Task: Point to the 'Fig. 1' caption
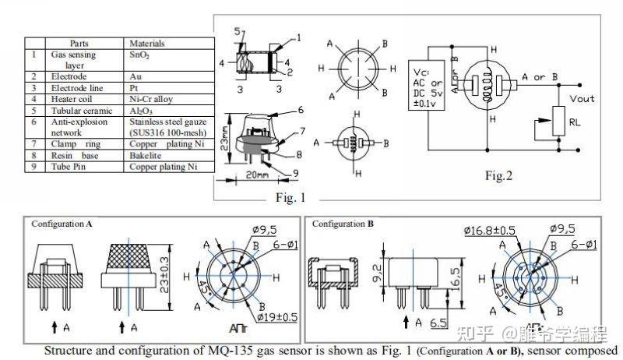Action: [290, 197]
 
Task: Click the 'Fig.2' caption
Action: [498, 176]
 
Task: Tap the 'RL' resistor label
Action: [575, 122]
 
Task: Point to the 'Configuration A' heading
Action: [62, 224]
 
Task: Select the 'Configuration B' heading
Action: [343, 224]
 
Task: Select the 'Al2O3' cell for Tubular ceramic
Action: [140, 110]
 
